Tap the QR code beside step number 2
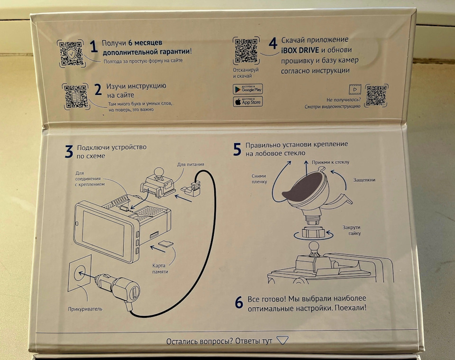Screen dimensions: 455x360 click(x=75, y=96)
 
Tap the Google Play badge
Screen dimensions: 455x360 click(x=247, y=88)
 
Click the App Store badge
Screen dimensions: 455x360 click(x=247, y=101)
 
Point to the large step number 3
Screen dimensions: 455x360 click(x=69, y=151)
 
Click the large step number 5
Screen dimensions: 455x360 click(x=237, y=149)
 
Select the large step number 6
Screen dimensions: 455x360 click(x=239, y=302)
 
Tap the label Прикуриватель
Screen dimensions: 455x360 click(x=85, y=309)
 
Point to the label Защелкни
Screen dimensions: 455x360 click(x=364, y=180)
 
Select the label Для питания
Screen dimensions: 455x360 click(x=191, y=165)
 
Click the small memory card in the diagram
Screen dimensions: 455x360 click(x=164, y=243)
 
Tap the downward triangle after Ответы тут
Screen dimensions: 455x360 click(x=282, y=340)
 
